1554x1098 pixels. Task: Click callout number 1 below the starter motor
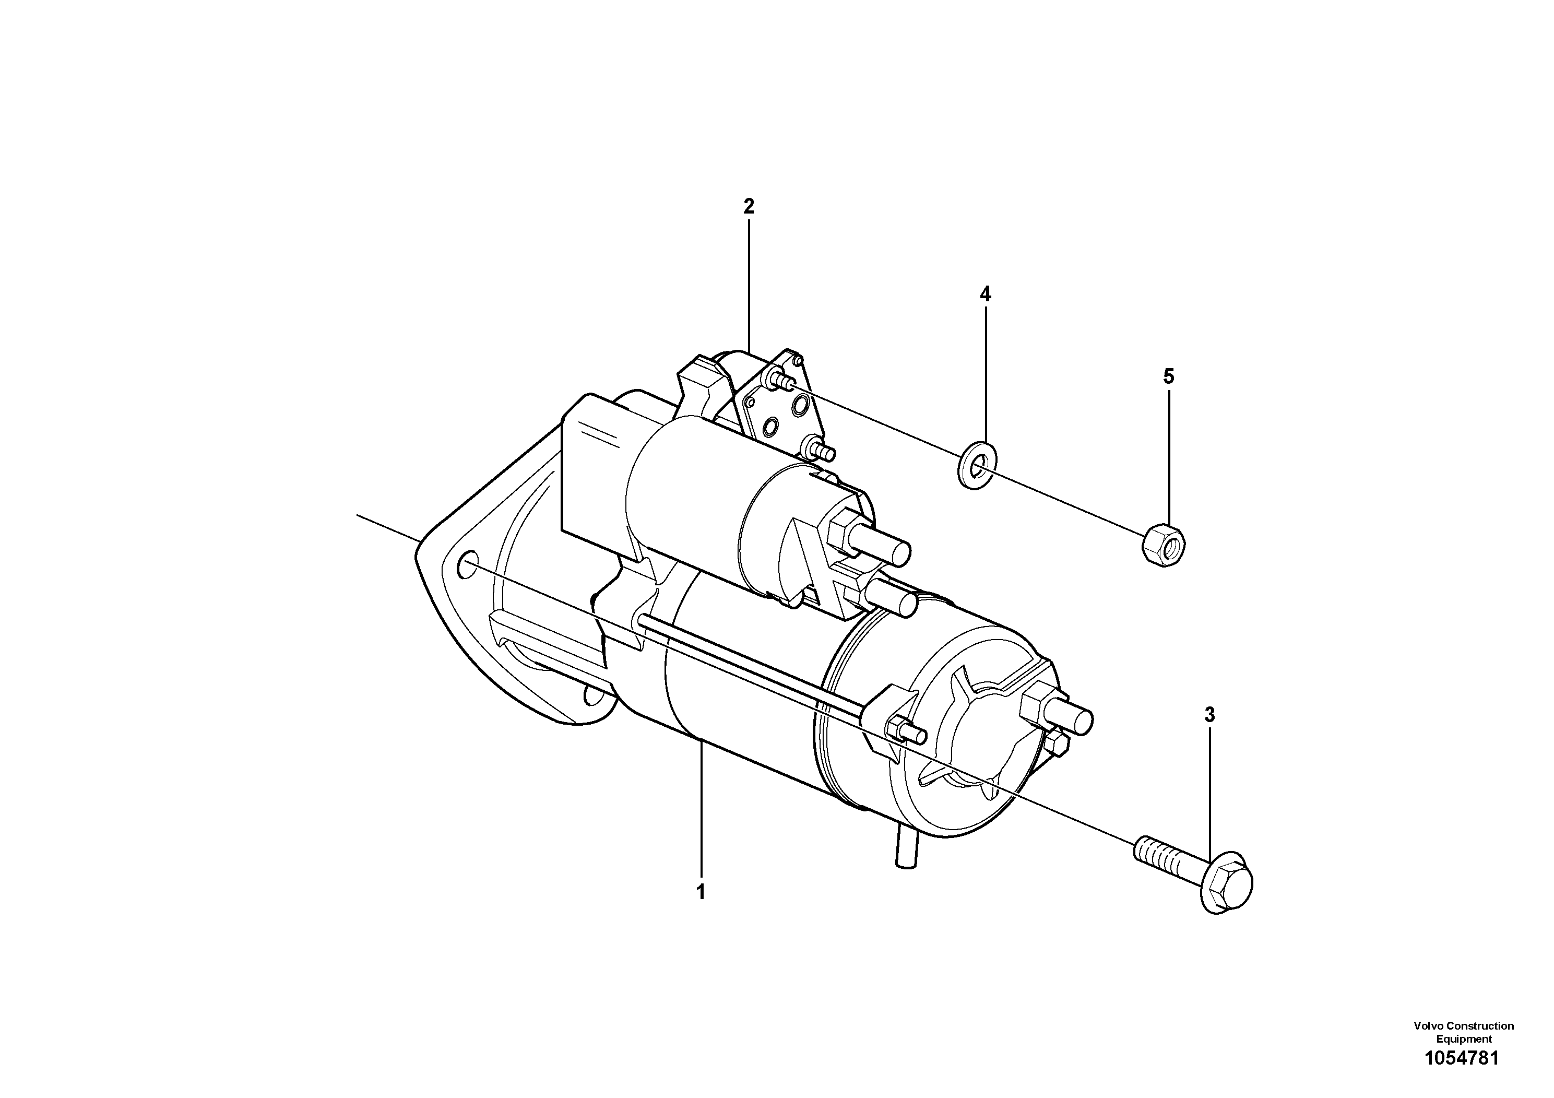coord(701,892)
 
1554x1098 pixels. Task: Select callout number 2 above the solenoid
coord(749,206)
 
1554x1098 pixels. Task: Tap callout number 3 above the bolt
coord(1209,715)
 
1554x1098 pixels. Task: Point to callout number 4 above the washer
coord(986,294)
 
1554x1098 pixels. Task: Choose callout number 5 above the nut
coord(1169,376)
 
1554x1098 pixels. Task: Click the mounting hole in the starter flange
coord(466,565)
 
